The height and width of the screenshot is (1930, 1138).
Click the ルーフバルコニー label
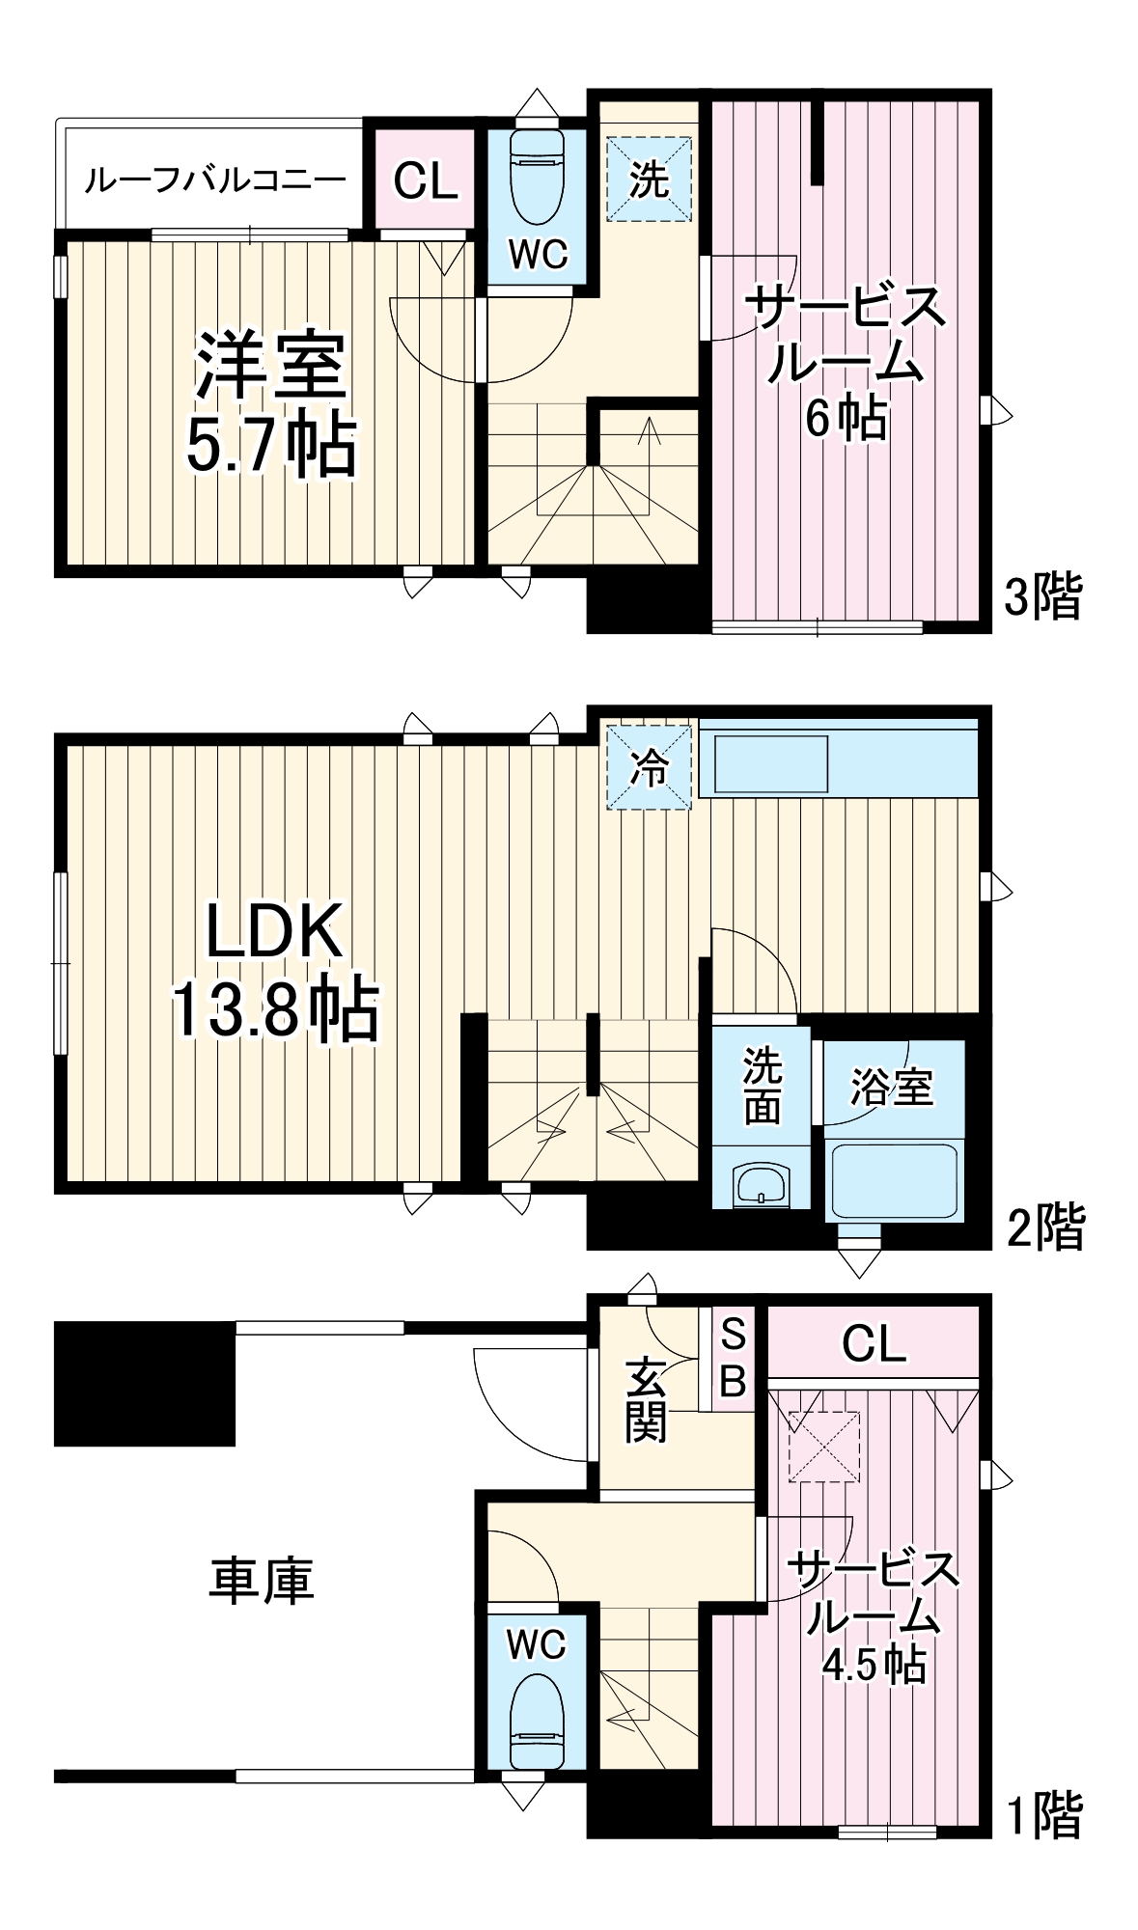(x=214, y=179)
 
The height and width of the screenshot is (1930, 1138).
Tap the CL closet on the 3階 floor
(x=425, y=179)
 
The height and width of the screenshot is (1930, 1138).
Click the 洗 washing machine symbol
(x=649, y=179)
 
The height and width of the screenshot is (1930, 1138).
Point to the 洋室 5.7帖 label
(x=271, y=405)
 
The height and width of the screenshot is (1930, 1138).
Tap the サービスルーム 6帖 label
(x=845, y=362)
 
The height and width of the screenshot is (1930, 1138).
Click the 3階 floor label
(x=1043, y=595)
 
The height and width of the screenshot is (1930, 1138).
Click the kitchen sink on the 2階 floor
(x=769, y=764)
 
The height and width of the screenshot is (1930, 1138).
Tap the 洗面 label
(x=762, y=1086)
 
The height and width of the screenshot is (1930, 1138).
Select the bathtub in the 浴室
(x=895, y=1181)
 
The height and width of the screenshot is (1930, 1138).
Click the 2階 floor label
(x=1045, y=1227)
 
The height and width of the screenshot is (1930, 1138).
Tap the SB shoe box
(x=733, y=1359)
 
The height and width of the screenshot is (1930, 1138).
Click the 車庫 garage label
(x=262, y=1581)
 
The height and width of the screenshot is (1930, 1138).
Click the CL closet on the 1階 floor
(x=874, y=1343)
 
